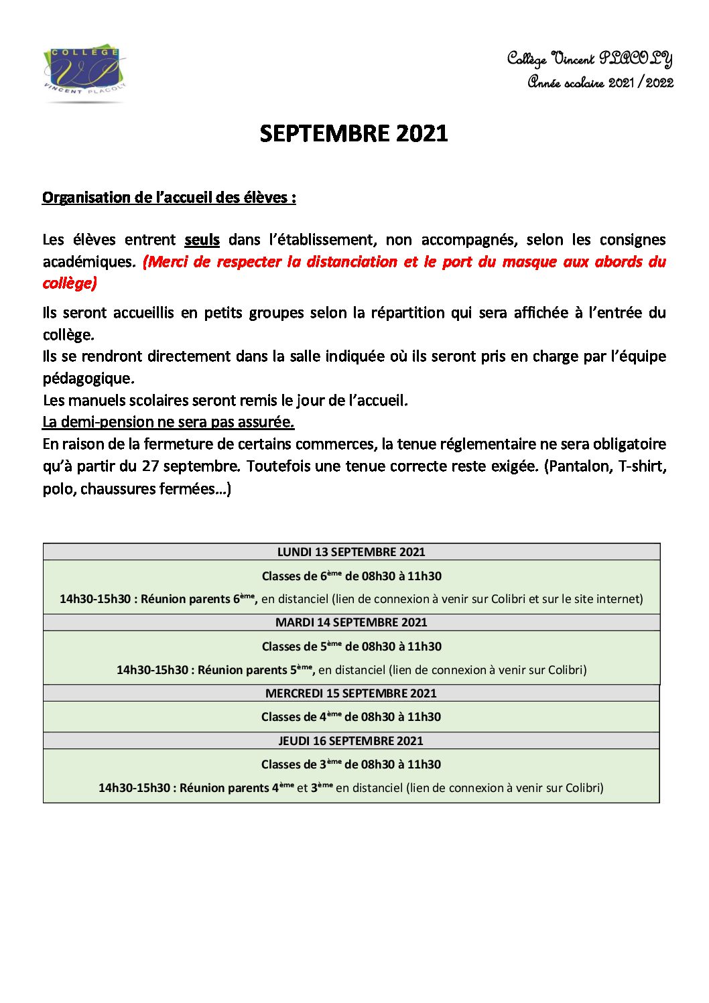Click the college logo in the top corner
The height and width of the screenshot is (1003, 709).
click(84, 73)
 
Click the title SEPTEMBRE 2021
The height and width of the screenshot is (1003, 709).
click(354, 133)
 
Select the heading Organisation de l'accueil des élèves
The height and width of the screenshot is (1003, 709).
click(169, 197)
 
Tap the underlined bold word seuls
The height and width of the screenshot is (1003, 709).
click(202, 239)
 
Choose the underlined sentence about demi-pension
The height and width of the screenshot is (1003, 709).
click(168, 421)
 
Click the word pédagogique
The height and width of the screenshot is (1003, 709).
click(88, 379)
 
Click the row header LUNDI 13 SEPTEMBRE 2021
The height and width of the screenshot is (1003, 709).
click(351, 551)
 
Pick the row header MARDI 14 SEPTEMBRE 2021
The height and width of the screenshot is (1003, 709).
click(351, 622)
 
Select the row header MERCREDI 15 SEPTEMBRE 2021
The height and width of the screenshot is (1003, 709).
click(351, 693)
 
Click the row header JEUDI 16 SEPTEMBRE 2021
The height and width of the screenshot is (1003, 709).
click(351, 740)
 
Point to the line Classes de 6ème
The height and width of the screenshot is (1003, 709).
click(351, 576)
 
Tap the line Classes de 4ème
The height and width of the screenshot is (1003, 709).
click(351, 716)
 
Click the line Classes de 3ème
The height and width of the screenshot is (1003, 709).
click(351, 764)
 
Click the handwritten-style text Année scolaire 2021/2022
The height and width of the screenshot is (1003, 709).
click(600, 82)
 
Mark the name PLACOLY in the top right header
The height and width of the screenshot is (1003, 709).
click(635, 59)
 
